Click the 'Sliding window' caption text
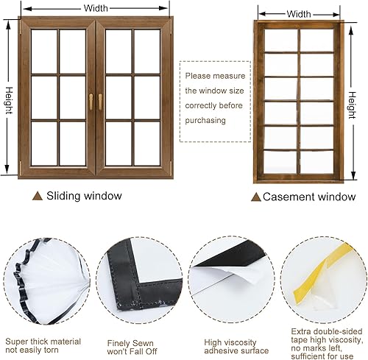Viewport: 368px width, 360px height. [x=85, y=196]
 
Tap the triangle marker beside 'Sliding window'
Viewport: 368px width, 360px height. [x=38, y=196]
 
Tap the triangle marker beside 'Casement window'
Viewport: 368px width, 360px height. [x=255, y=197]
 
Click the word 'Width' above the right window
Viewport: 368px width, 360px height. [x=299, y=13]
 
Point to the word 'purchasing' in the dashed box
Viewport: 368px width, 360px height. [x=206, y=120]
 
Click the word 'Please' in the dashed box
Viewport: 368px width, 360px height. [x=198, y=76]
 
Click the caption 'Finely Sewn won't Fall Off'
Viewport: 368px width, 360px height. [x=138, y=347]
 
